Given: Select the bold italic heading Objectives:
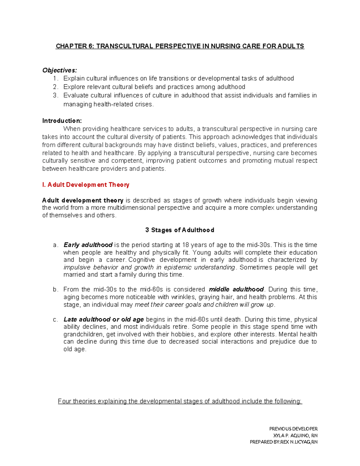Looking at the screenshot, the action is [x=59, y=70].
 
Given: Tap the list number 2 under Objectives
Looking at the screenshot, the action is [x=55, y=87].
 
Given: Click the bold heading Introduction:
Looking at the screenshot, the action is [x=62, y=121].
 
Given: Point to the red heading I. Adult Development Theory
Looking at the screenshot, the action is [x=85, y=185].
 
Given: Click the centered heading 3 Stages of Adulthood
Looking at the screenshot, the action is [x=179, y=230].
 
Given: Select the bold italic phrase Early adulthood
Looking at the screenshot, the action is [x=88, y=245].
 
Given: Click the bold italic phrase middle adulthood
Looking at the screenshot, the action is [x=236, y=290].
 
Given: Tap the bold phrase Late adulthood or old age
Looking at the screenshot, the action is [x=103, y=320].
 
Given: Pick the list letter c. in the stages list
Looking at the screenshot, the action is [x=55, y=320].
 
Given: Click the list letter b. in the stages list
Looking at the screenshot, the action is [x=55, y=290].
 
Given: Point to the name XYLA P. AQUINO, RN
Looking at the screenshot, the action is [x=295, y=435].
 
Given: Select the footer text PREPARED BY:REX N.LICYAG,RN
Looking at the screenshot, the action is [x=283, y=442].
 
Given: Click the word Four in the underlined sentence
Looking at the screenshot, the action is [x=64, y=401].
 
